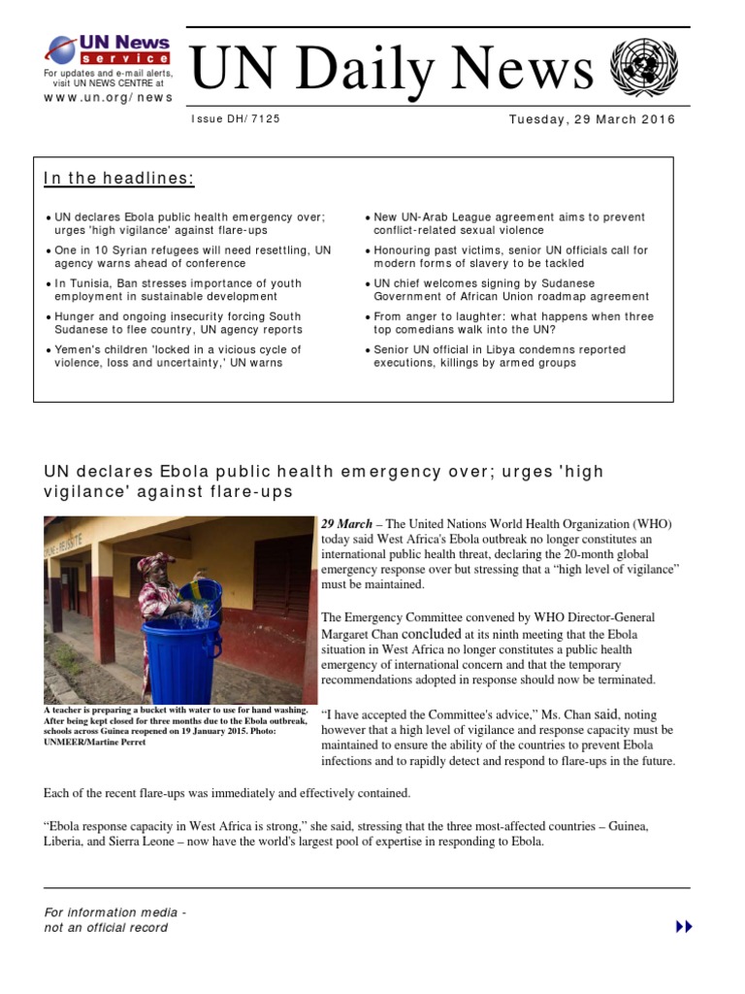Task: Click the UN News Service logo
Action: point(109,50)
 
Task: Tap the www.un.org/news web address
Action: point(109,97)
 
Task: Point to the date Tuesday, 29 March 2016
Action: point(592,119)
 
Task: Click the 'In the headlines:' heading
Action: point(118,179)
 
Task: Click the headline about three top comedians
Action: point(513,322)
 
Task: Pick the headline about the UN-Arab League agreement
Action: point(508,223)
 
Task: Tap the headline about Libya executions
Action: point(500,355)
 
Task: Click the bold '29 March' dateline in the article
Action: point(347,524)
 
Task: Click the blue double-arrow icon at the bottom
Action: point(684,927)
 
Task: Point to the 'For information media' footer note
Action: point(114,912)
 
